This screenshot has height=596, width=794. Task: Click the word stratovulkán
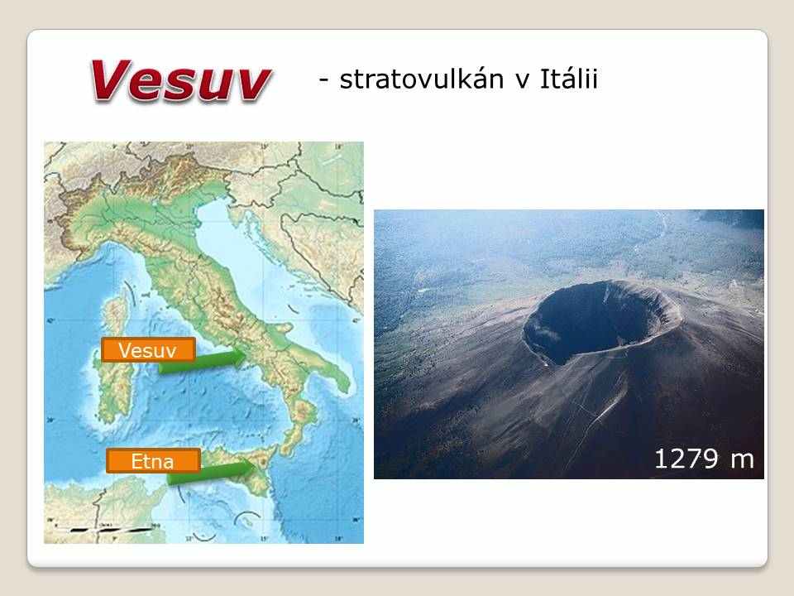click(422, 79)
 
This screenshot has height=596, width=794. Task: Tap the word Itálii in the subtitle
click(569, 79)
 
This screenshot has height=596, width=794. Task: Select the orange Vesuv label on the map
click(148, 349)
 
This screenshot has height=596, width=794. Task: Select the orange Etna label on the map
click(153, 461)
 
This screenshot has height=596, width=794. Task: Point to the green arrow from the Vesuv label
click(203, 361)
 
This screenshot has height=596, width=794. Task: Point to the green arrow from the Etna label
click(211, 473)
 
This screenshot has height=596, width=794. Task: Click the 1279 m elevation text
click(705, 459)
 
